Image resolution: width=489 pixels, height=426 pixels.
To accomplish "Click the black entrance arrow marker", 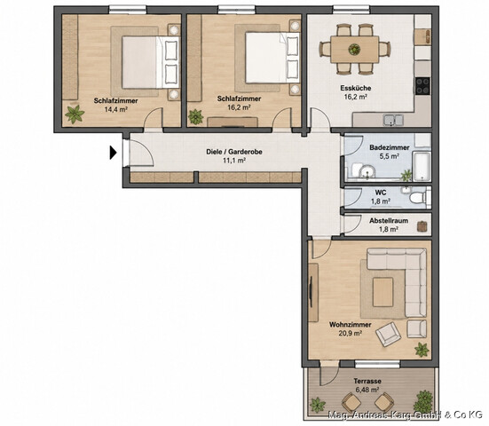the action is coord(113,153).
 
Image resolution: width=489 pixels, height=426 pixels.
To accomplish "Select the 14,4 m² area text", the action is coord(116,109).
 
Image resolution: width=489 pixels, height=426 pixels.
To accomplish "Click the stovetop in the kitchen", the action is coord(422,86).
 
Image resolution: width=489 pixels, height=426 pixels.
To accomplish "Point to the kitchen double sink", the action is coord(393,120).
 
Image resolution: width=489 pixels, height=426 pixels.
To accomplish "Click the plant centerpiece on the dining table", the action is coord(354,49).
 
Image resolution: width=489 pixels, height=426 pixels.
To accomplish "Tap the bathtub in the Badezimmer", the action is coord(422,166).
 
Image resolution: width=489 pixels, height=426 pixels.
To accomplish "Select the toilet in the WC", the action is coord(420,197).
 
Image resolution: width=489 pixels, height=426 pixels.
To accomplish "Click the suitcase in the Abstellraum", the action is coord(422,226).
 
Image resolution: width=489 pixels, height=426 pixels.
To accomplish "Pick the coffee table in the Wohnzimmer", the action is coord(383,292).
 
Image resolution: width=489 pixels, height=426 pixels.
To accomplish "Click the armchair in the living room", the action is coord(388,334).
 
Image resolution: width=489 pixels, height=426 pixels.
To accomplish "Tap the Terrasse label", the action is coord(367,381).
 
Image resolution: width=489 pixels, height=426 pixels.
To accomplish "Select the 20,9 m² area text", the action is coord(351,334).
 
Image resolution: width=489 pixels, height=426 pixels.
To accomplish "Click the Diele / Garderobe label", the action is coord(234,152).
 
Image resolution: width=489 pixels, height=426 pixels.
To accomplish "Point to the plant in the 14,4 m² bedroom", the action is coord(75,114).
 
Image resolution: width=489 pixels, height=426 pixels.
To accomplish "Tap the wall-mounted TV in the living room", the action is coord(311,292).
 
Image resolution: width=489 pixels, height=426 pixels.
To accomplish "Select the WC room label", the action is coord(381,193).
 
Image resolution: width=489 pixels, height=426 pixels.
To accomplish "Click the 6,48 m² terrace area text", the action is coord(367,390).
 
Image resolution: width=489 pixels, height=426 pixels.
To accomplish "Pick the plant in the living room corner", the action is coord(422,350).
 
